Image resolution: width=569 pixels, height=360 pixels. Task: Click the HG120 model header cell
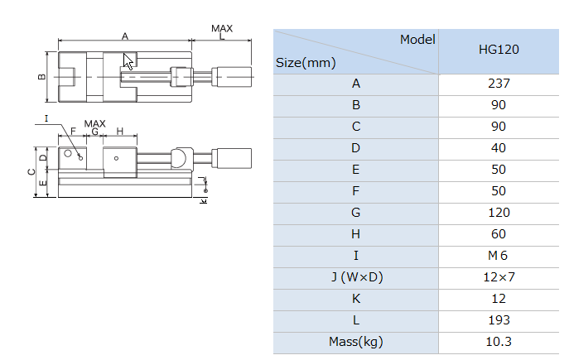pyautogui.click(x=499, y=50)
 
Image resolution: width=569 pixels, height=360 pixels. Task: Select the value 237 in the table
pyautogui.click(x=499, y=84)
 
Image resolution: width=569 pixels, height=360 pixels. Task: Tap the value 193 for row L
pyautogui.click(x=499, y=320)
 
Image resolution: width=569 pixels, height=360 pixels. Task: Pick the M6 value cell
pyautogui.click(x=499, y=256)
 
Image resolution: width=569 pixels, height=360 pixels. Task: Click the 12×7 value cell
pyautogui.click(x=499, y=277)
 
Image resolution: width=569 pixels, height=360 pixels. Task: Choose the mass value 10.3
pyautogui.click(x=499, y=342)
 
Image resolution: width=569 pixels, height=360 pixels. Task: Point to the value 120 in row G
pyautogui.click(x=499, y=213)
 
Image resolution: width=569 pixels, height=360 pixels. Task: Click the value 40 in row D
pyautogui.click(x=499, y=148)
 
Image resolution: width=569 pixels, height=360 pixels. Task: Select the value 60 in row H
pyautogui.click(x=499, y=234)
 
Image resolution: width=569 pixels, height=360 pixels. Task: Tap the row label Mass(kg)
pyautogui.click(x=356, y=342)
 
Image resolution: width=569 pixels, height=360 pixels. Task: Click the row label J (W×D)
pyautogui.click(x=356, y=277)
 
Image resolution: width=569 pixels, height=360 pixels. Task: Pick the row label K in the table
pyautogui.click(x=356, y=299)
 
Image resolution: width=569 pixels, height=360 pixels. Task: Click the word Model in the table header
pyautogui.click(x=417, y=40)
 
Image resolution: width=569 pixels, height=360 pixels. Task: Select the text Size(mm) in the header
pyautogui.click(x=306, y=62)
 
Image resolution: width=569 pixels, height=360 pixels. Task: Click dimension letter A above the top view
pyautogui.click(x=124, y=36)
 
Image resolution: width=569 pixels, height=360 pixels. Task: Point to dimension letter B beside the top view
pyautogui.click(x=41, y=77)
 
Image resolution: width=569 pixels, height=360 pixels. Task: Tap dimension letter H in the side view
pyautogui.click(x=120, y=132)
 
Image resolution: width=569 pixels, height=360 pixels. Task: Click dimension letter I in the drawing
pyautogui.click(x=47, y=118)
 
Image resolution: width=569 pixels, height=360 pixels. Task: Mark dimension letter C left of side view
pyautogui.click(x=31, y=172)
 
